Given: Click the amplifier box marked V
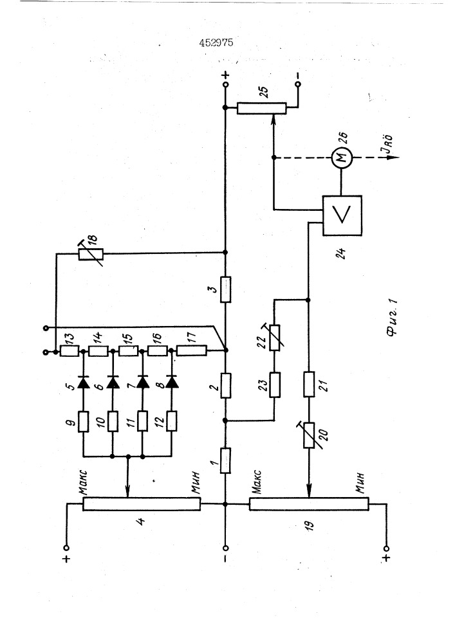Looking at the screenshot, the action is [342, 215].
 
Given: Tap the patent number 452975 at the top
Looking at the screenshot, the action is [216, 42].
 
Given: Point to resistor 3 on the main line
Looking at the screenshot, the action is [226, 289].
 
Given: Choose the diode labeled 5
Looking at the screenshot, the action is [84, 383].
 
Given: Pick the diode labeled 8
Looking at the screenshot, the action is [172, 383].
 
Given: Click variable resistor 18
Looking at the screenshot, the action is [91, 255].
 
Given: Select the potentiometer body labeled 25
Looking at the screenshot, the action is [261, 108].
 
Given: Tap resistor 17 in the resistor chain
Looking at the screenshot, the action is [192, 351].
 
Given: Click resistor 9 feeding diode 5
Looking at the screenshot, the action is [84, 422].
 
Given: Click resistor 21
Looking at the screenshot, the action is [309, 385].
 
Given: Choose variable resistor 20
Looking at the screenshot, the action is [309, 435].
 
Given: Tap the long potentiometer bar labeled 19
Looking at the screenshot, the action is [309, 503].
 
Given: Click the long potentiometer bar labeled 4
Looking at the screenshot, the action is [142, 503].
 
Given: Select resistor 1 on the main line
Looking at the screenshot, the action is [226, 460].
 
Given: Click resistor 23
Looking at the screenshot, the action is [275, 385].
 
